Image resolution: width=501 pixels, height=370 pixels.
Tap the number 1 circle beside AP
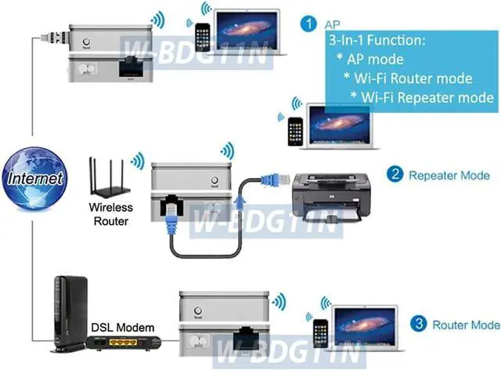pyautogui.click(x=311, y=24)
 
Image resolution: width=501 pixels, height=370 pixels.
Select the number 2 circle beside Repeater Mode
pyautogui.click(x=396, y=175)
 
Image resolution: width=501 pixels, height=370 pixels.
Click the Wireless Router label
pyautogui.click(x=110, y=215)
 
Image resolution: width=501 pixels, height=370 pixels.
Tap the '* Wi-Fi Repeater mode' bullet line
pyautogui.click(x=423, y=96)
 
